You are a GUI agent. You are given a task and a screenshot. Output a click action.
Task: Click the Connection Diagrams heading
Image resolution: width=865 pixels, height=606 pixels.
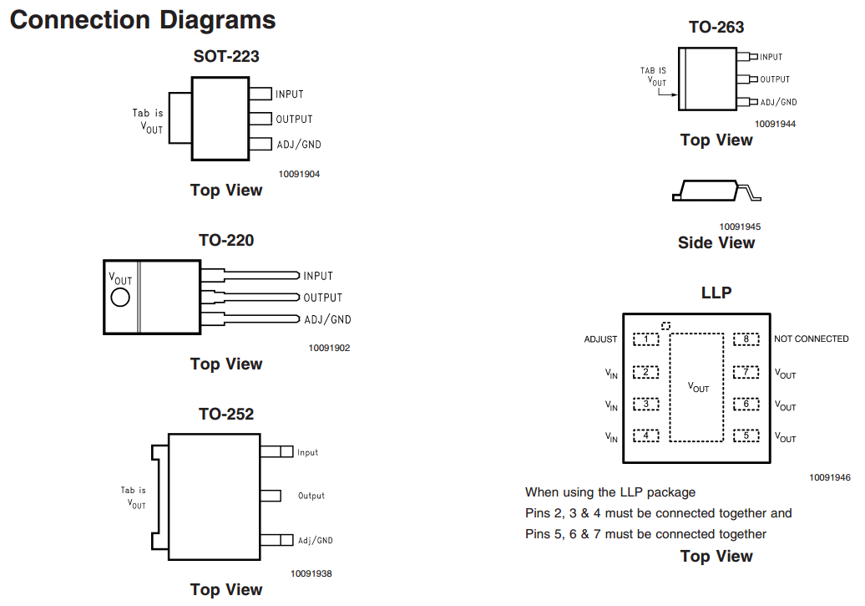coord(143,20)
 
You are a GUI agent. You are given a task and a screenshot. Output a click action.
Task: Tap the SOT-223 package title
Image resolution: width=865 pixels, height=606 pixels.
coord(226,57)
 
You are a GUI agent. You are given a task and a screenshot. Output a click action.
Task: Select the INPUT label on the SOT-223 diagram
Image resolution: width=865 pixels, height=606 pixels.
coord(290,94)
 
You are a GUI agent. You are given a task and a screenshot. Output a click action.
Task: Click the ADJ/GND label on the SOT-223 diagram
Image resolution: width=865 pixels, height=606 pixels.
coord(299,145)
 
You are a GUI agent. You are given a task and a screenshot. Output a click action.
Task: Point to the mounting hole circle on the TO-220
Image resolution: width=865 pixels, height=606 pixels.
coord(120,298)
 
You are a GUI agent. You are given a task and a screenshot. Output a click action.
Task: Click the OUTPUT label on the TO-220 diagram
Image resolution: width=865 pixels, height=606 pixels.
coord(323,298)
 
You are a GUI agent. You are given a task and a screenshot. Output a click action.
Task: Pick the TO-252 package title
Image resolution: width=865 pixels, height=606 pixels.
coord(226,414)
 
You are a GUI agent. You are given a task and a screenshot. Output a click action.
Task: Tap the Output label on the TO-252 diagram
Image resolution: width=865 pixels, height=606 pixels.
coord(311,496)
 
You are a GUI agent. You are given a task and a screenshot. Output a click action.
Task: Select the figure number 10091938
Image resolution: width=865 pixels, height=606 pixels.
coord(311,573)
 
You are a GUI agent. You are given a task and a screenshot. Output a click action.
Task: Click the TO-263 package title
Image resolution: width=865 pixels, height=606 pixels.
coord(716,27)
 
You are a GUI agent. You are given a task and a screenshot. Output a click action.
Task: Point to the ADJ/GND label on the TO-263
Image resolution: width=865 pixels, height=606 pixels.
coord(778,102)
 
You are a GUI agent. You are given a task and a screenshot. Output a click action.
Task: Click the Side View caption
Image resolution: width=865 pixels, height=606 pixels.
coord(716,242)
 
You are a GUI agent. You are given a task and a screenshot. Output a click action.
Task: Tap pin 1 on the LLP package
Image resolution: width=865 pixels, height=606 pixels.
coord(646,339)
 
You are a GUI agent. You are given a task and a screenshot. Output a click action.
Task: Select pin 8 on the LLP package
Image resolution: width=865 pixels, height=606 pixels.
coord(746,339)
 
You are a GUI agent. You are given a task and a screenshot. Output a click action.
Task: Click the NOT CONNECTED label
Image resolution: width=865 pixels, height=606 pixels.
coord(812,339)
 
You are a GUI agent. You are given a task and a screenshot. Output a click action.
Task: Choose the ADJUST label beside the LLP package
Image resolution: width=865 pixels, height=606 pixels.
coord(601,339)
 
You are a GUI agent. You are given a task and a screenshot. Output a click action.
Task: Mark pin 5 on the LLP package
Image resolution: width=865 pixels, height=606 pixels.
coord(746,435)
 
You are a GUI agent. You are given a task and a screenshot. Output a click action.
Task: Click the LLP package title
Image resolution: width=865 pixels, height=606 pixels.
coord(716,293)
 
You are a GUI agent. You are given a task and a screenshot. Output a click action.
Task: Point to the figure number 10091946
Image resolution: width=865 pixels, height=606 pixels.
coord(830,477)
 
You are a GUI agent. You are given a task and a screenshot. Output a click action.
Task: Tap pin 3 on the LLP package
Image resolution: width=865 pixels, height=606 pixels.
coord(646,404)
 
